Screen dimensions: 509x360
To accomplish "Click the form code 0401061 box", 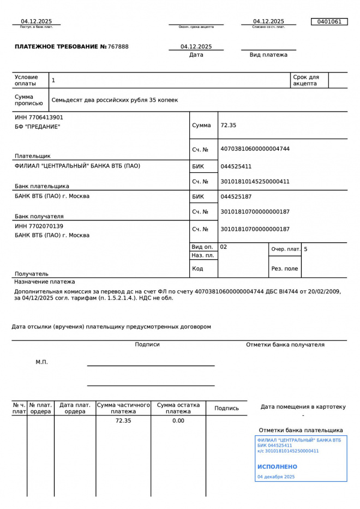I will pos(329,22).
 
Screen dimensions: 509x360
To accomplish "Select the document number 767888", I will pos(118,47).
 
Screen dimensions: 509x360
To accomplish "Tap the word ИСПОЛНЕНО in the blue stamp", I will pos(277,467).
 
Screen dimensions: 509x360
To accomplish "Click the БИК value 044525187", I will pos(236,196).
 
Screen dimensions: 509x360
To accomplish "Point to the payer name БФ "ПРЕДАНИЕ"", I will pos(37,127).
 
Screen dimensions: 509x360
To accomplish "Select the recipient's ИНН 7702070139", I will pos(39,226).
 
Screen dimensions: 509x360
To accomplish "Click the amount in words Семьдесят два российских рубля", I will pos(115,100).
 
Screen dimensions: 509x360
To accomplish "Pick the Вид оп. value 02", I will pos(224,247).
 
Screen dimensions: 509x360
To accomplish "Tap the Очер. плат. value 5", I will pos(305,249).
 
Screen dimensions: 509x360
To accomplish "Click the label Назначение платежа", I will pos(45,282).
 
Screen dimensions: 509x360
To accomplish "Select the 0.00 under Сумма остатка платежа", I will pos(178,421).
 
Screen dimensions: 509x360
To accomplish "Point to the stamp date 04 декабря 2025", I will pos(275,477).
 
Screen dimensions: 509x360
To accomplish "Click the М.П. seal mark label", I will pos(41,362).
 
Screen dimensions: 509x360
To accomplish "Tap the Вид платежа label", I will pos(268,55).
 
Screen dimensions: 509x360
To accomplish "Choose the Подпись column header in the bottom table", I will pos(226,408).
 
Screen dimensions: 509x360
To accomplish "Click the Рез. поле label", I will pos(285,268).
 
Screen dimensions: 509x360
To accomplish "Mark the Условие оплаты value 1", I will pos(53,81).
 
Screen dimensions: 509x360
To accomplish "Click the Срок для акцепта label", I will pos(306,80).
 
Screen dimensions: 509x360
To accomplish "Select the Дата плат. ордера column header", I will pos(75,408).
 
